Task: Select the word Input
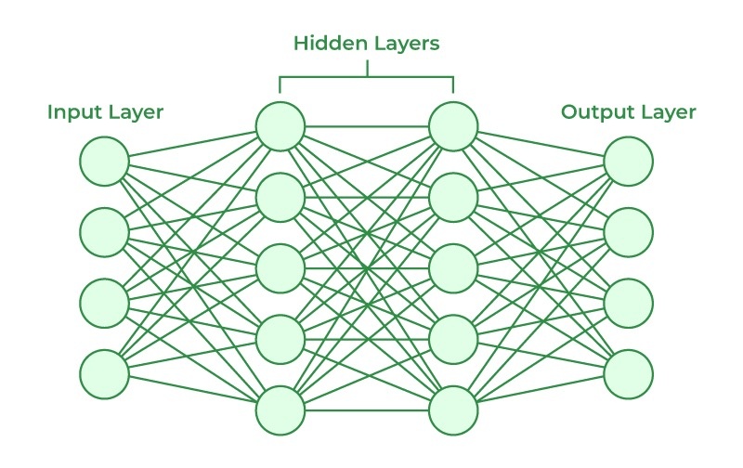pyautogui.click(x=76, y=113)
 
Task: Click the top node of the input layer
pyautogui.click(x=104, y=161)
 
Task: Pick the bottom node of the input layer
pyautogui.click(x=104, y=374)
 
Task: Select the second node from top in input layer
pyautogui.click(x=104, y=232)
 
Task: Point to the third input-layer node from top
pyautogui.click(x=104, y=303)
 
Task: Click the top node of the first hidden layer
pyautogui.click(x=280, y=126)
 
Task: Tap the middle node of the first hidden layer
pyautogui.click(x=280, y=268)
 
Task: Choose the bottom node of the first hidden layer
pyautogui.click(x=280, y=410)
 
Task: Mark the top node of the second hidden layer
pyautogui.click(x=453, y=126)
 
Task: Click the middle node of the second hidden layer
pyautogui.click(x=453, y=268)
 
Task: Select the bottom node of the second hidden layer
pyautogui.click(x=453, y=410)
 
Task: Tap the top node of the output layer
pyautogui.click(x=629, y=161)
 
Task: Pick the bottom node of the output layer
pyautogui.click(x=629, y=374)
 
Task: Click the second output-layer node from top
pyautogui.click(x=629, y=232)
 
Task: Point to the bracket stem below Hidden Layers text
pyautogui.click(x=367, y=68)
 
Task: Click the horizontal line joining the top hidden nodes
pyautogui.click(x=367, y=126)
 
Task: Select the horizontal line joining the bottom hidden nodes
pyautogui.click(x=367, y=410)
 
